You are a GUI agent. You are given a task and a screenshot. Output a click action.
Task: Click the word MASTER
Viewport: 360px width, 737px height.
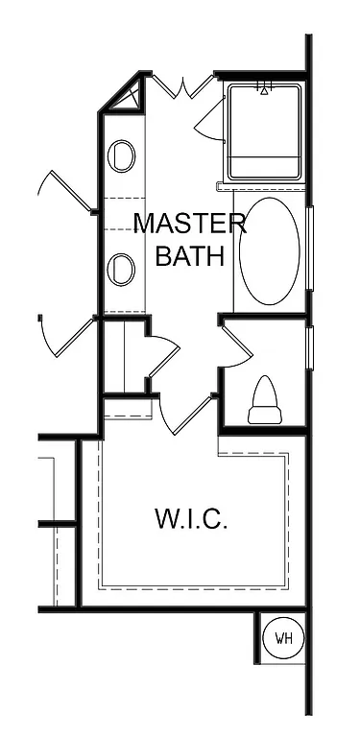[x=189, y=224]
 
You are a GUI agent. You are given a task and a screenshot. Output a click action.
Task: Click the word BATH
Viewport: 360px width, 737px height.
[x=189, y=256]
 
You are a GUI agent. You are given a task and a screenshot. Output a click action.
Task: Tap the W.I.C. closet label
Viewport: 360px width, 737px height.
[x=190, y=520]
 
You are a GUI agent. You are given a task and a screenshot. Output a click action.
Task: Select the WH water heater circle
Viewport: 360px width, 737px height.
[x=284, y=638]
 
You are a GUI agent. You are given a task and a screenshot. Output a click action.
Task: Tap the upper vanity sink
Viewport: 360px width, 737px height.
[x=122, y=155]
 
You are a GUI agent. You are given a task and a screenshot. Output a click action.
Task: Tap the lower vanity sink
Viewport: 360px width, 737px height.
[x=122, y=270]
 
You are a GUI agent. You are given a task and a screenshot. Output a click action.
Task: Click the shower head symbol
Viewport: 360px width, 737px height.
[x=265, y=89]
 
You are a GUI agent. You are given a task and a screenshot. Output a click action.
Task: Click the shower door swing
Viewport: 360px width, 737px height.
[x=208, y=120]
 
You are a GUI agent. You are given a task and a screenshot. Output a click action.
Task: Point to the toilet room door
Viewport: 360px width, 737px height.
[x=236, y=345]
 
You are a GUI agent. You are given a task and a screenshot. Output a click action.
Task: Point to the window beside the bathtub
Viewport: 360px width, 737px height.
[x=309, y=250]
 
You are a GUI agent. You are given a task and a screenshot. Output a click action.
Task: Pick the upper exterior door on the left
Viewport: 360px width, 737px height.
[x=58, y=191]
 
